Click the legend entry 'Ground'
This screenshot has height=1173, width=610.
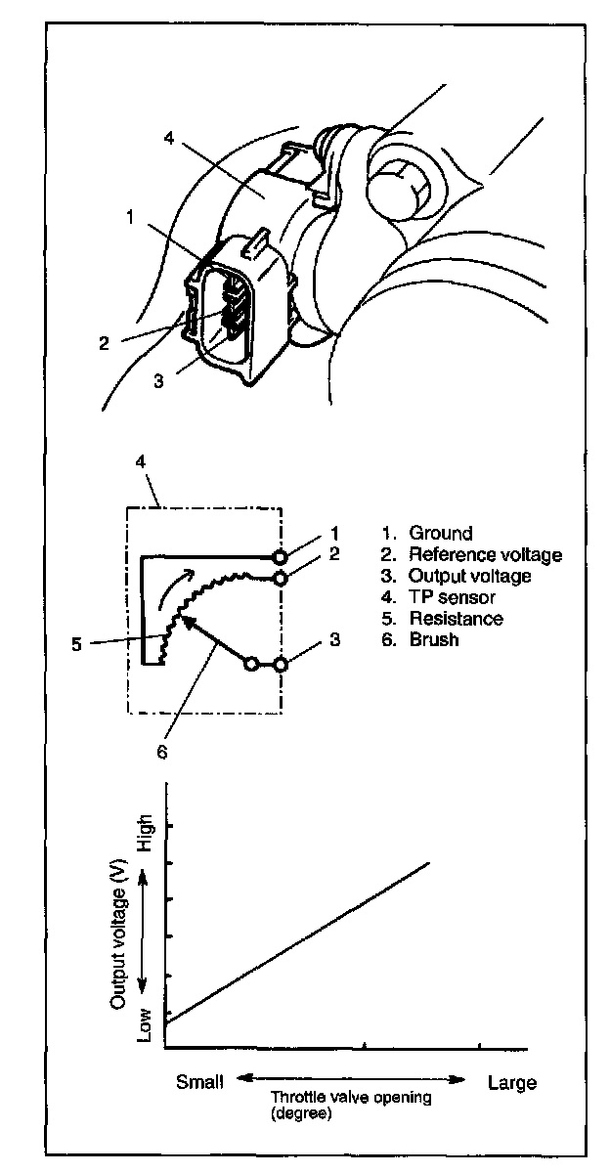(x=440, y=533)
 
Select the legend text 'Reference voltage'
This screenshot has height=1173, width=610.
(x=485, y=554)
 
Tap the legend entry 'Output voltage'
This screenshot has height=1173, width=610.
(x=469, y=576)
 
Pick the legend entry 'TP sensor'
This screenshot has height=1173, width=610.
(x=452, y=597)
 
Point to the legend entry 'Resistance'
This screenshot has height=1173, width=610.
(x=456, y=619)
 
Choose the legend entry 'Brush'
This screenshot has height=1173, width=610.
(x=434, y=640)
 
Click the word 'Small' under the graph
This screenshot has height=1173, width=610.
(x=199, y=1082)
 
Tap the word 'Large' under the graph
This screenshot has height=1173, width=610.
(x=512, y=1082)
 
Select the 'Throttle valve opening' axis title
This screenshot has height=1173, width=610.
(x=351, y=1098)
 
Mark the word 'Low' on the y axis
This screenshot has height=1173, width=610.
(x=146, y=1024)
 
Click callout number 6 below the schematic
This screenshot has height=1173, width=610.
(x=162, y=752)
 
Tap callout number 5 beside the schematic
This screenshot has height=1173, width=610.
(x=77, y=645)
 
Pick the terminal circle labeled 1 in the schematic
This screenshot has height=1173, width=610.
(x=280, y=557)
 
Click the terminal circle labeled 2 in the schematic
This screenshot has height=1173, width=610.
(x=280, y=579)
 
